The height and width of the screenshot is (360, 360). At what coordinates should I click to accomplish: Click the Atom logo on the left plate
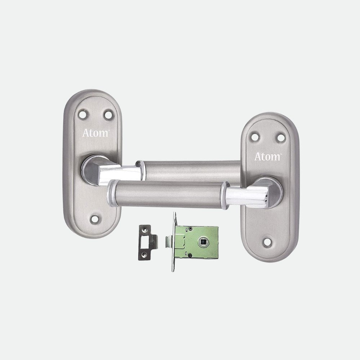point(95,133)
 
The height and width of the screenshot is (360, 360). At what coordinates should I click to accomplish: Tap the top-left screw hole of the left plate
point(83,114)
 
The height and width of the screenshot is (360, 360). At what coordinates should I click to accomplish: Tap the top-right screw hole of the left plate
point(108,115)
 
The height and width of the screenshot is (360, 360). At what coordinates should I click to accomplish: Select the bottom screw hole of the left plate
point(95,219)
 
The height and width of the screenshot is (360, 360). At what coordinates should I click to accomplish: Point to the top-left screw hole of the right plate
point(255,137)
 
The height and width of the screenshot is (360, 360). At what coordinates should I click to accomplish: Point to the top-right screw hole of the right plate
point(280,138)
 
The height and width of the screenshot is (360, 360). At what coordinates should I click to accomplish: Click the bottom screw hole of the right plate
point(267,242)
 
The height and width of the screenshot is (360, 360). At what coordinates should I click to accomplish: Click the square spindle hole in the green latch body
point(202,242)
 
